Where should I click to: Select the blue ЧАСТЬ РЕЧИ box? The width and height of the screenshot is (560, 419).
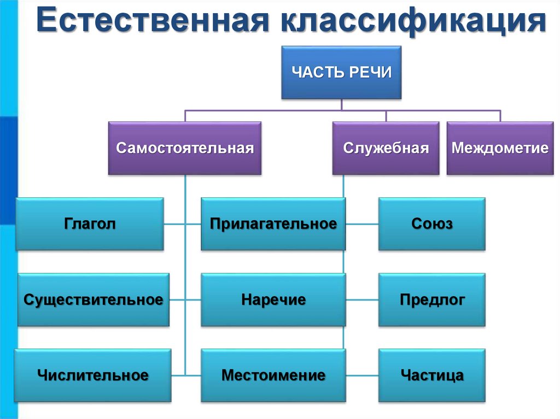(341, 73)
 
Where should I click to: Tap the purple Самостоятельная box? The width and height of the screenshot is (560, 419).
(185, 148)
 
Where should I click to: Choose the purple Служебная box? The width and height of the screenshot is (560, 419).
(386, 148)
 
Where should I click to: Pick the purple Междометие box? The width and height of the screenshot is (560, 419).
(500, 148)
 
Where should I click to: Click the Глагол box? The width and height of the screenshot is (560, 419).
(89, 224)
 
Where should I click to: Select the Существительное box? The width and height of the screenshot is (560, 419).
(93, 300)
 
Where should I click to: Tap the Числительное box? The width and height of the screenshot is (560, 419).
(93, 375)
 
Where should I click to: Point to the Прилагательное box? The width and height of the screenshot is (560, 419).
(273, 224)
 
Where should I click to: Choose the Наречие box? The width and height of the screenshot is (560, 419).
(273, 300)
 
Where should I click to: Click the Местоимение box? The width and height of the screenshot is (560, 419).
(273, 375)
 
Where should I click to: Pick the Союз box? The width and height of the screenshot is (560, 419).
(431, 224)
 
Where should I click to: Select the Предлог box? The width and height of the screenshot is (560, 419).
(431, 300)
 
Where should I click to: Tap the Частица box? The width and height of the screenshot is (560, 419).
(431, 375)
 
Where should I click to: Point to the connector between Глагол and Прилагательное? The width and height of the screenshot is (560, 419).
(182, 224)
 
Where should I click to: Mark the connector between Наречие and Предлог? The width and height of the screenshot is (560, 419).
(362, 300)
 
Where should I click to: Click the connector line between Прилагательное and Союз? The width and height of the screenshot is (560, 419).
(362, 224)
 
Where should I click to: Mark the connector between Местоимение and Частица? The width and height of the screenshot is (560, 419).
(362, 375)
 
